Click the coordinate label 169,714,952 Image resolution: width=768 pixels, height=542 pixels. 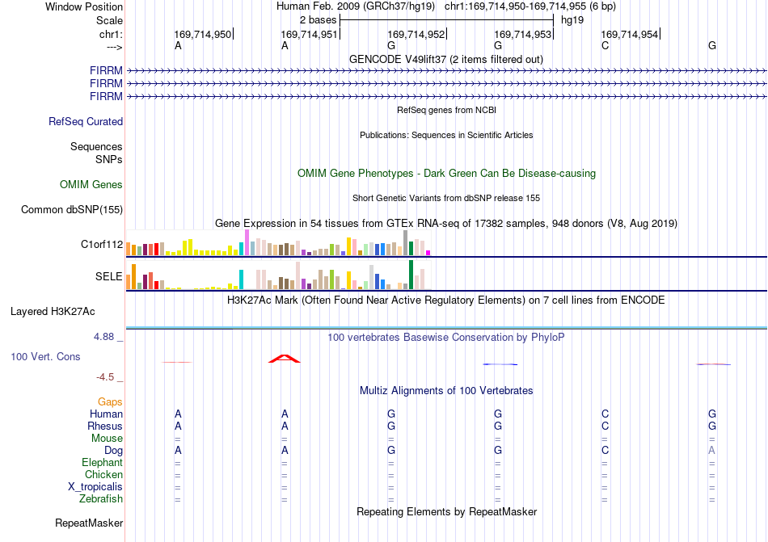click(x=416, y=34)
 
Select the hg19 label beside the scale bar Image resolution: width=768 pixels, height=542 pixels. click(x=572, y=20)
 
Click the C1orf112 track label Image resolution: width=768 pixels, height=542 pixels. click(x=102, y=244)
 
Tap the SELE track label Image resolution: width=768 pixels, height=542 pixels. click(x=109, y=276)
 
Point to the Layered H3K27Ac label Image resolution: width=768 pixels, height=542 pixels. click(x=53, y=312)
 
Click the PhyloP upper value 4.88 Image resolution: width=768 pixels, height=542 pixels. click(x=103, y=337)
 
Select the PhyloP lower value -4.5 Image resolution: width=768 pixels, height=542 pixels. click(x=105, y=376)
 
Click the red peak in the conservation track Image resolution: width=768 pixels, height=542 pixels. click(x=284, y=359)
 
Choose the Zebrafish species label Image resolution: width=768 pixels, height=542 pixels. click(x=101, y=499)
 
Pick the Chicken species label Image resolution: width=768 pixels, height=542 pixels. click(x=103, y=474)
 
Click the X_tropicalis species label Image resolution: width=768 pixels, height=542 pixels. click(x=95, y=487)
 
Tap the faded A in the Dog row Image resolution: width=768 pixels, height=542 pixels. click(x=711, y=450)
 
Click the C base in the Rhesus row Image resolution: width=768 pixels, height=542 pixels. click(x=605, y=426)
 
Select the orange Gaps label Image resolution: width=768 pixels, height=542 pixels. click(x=110, y=401)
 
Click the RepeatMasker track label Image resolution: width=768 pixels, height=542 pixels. click(x=89, y=523)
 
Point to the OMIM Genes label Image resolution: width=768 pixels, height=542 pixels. click(x=91, y=184)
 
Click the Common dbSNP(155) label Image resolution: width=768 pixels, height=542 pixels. click(x=72, y=209)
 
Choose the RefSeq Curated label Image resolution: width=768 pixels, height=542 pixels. click(x=86, y=121)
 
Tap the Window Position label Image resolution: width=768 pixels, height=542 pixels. click(x=84, y=6)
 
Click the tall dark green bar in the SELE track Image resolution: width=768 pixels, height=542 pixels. click(x=411, y=275)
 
